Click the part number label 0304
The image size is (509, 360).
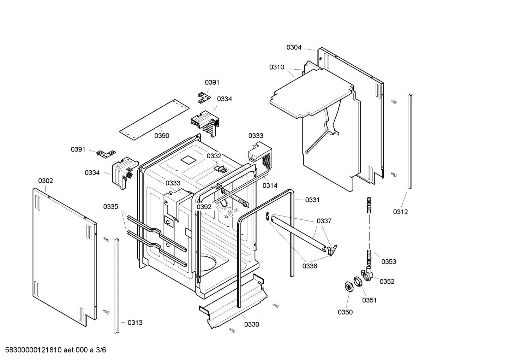tap(294, 47)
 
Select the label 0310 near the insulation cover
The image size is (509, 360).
tap(276, 67)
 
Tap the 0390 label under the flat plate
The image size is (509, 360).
tap(162, 136)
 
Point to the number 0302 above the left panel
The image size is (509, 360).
tap(46, 181)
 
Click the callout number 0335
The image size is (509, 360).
tap(110, 207)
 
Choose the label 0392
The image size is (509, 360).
tap(204, 207)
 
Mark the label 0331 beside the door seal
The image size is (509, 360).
tap(312, 200)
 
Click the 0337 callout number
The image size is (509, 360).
tap(324, 221)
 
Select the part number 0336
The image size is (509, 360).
tap(309, 266)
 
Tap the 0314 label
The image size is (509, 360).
tap(270, 185)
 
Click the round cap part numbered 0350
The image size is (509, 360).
tap(349, 287)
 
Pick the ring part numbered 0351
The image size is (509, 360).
tap(359, 282)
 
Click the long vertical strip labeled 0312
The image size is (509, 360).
tap(409, 141)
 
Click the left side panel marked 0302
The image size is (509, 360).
tap(64, 254)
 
